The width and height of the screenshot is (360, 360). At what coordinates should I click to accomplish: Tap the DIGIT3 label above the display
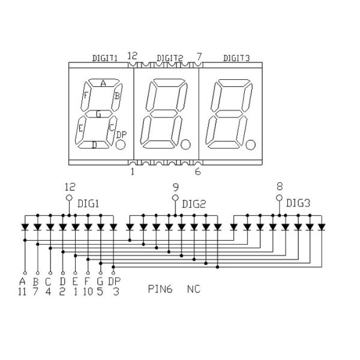point(236,58)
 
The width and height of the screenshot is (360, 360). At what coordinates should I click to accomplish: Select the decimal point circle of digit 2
point(186,145)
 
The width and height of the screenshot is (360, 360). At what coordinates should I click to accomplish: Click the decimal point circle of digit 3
point(252,145)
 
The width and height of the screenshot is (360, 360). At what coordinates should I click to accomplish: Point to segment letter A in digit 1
point(103,83)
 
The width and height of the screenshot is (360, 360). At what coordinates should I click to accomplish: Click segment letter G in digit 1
point(99,113)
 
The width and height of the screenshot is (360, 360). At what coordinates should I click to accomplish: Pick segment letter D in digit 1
point(94,144)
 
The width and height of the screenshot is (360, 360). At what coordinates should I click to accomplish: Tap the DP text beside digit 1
point(121,134)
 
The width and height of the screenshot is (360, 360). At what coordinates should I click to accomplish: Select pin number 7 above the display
point(199,56)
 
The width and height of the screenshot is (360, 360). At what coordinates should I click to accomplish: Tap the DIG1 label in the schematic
point(88,203)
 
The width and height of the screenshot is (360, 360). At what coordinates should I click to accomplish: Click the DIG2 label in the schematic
point(194,203)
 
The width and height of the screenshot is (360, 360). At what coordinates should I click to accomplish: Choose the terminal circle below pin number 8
point(279,197)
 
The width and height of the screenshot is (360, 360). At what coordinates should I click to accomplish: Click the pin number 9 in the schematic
point(175,187)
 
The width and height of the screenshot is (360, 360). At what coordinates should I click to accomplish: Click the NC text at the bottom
point(193,289)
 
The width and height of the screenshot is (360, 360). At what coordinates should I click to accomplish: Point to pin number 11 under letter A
point(23,292)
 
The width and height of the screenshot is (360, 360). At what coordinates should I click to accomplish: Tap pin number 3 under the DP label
point(114,292)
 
